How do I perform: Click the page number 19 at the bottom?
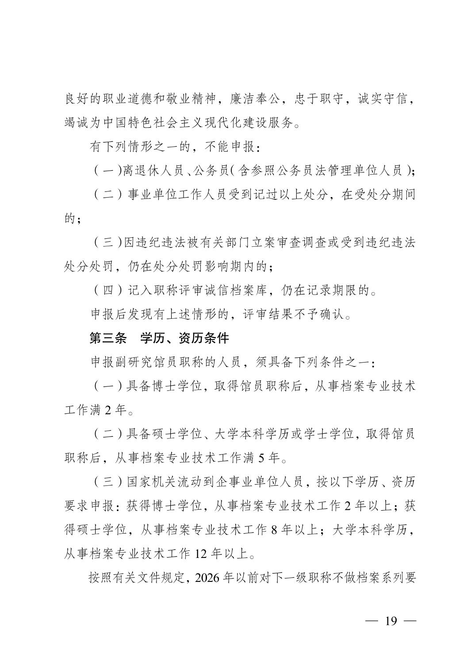[391, 621]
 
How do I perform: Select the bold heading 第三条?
[108, 339]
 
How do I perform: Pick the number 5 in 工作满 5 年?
[261, 458]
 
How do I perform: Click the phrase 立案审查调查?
[276, 243]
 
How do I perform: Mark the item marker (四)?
[108, 290]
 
